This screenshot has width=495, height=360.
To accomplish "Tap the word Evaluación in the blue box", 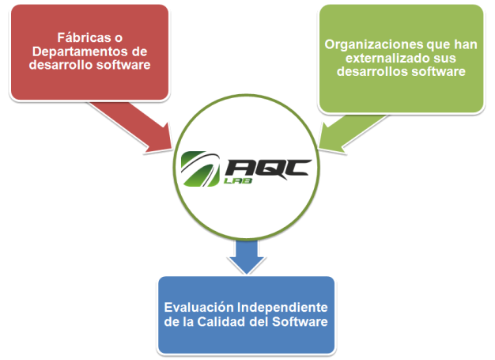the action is pyautogui.click(x=199, y=307).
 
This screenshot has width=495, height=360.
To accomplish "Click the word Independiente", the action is pyautogui.click(x=282, y=308).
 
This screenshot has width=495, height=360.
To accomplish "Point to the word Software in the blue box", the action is pyautogui.click(x=300, y=322).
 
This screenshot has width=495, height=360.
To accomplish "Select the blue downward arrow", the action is pyautogui.click(x=247, y=256).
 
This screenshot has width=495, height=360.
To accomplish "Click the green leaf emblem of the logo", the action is pyautogui.click(x=200, y=169).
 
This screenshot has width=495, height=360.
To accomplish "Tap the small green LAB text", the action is pyautogui.click(x=238, y=181).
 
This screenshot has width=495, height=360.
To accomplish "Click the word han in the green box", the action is pyautogui.click(x=466, y=44).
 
